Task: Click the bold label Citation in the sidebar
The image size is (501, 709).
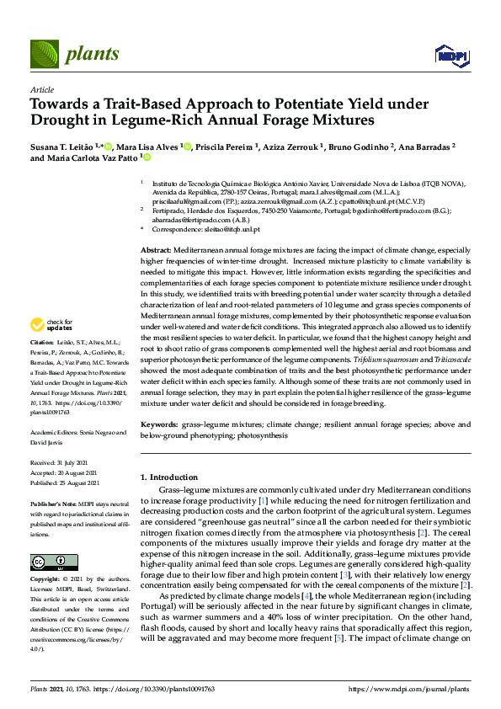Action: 42,344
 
